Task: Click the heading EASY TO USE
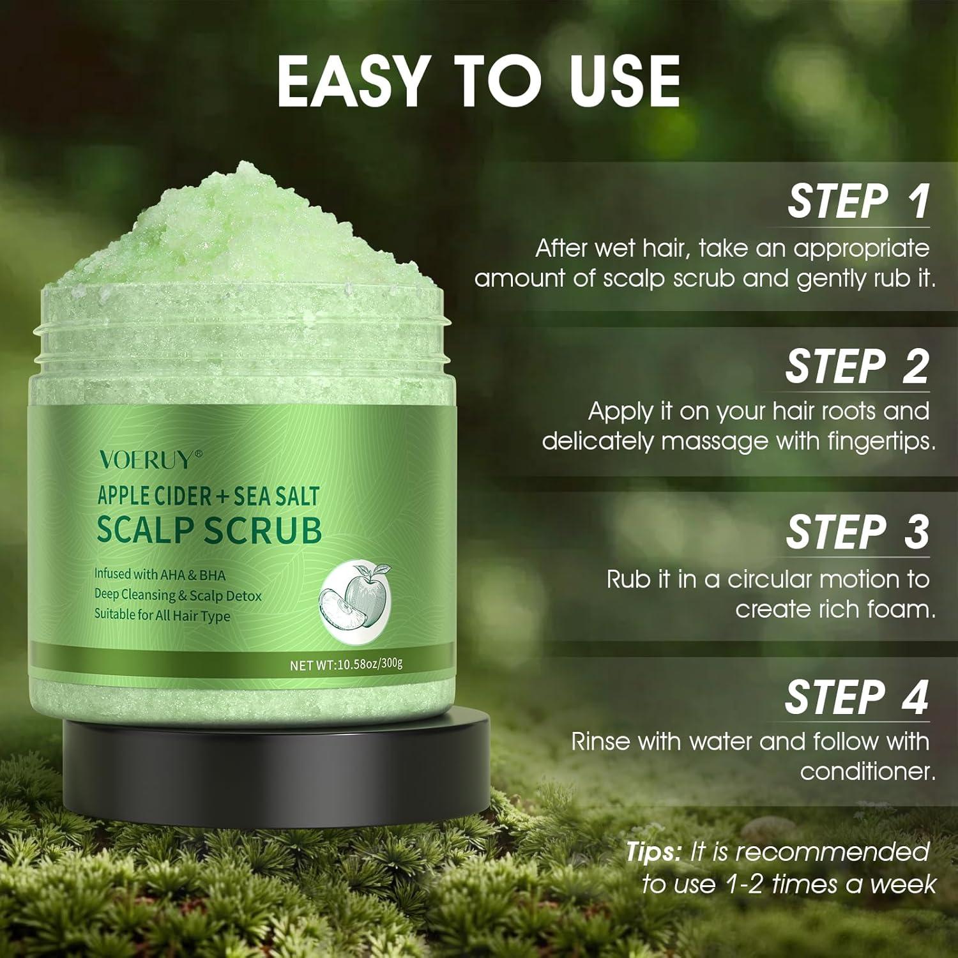click(x=478, y=81)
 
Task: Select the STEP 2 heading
click(x=856, y=367)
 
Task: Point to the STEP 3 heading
click(x=857, y=531)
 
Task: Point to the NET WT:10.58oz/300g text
click(x=346, y=664)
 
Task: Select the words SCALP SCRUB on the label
click(x=209, y=530)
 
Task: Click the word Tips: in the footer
click(x=653, y=852)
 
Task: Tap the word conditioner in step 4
click(x=867, y=772)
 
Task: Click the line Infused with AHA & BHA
click(x=160, y=575)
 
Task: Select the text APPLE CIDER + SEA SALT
click(x=208, y=496)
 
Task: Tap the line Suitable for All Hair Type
click(x=162, y=616)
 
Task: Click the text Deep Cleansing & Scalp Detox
click(x=178, y=595)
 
